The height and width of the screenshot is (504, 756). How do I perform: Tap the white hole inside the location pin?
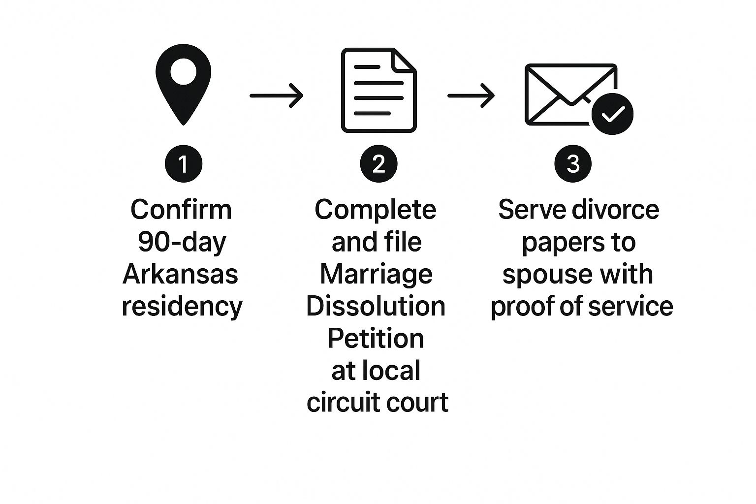coord(183,72)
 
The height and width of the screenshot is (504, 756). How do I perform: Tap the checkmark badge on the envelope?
coord(612,114)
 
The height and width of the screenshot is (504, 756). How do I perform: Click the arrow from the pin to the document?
coord(276,95)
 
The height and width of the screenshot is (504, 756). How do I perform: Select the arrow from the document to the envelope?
coord(471,95)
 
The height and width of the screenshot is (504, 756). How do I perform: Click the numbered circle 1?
coord(183,164)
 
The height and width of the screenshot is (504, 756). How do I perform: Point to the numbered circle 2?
coord(378,164)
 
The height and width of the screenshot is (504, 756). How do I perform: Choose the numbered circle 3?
coord(573,164)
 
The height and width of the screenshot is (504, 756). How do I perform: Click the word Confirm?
coord(181,209)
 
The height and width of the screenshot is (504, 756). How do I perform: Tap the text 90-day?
coord(182,242)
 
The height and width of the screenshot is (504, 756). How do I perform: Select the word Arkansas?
coord(181,274)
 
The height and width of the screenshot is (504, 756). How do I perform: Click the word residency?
coord(182,306)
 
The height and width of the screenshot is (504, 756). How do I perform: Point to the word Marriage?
coord(376,274)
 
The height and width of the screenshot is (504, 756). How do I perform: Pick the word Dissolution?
coord(376,306)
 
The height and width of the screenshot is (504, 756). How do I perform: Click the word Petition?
coord(376,339)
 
